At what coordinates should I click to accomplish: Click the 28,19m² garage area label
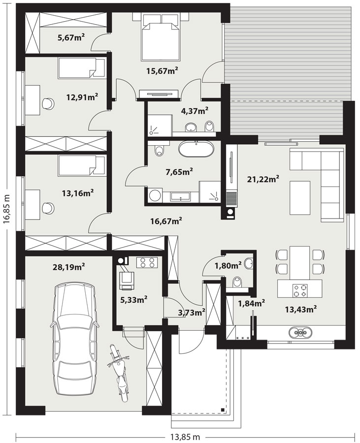(x=69, y=267)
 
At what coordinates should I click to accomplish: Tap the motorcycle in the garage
(x=119, y=373)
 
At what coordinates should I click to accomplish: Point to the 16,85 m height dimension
(x=7, y=209)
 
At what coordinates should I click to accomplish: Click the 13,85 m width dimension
(x=185, y=437)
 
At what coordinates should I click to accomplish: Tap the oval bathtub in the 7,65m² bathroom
(x=196, y=150)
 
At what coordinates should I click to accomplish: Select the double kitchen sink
(x=300, y=333)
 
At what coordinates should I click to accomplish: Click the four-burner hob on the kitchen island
(x=300, y=290)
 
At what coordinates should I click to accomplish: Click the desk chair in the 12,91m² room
(x=48, y=103)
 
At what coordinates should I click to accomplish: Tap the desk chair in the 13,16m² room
(x=48, y=208)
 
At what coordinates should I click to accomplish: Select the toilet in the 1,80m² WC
(x=237, y=282)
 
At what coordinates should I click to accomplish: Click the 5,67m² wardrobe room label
(x=71, y=37)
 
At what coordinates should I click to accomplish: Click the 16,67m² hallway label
(x=166, y=221)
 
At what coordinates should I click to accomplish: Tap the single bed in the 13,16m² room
(x=82, y=165)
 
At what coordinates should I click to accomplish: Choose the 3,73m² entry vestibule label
(x=191, y=313)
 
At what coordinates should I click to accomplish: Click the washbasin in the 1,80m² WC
(x=249, y=263)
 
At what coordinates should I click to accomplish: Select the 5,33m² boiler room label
(x=134, y=300)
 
